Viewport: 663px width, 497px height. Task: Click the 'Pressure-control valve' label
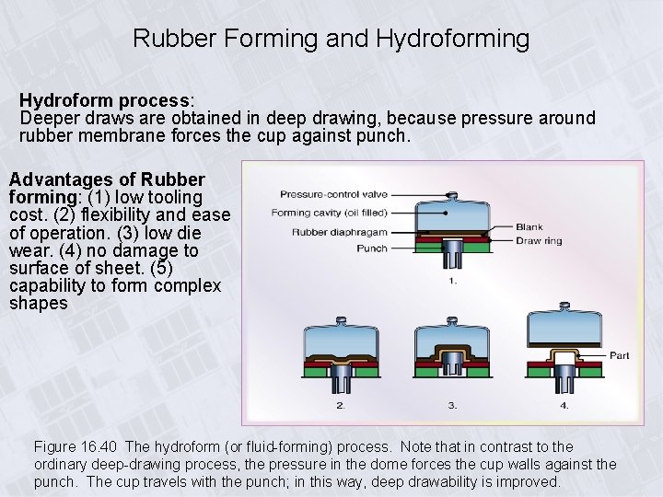click(333, 194)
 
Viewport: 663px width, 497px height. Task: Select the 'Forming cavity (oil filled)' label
click(329, 213)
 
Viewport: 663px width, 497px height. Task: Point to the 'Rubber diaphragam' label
click(340, 231)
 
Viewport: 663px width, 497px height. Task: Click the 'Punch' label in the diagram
click(371, 248)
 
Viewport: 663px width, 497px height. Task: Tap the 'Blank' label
click(529, 226)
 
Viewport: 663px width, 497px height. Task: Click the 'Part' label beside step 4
click(619, 355)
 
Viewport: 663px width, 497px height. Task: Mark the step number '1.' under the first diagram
click(452, 282)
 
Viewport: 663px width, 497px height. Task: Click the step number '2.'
click(341, 405)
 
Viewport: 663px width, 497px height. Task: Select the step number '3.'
click(452, 405)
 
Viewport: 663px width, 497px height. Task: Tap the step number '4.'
click(564, 405)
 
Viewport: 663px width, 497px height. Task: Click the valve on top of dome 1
click(451, 194)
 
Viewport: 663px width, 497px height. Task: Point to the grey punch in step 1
click(451, 250)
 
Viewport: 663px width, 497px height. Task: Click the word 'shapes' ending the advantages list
click(39, 304)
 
